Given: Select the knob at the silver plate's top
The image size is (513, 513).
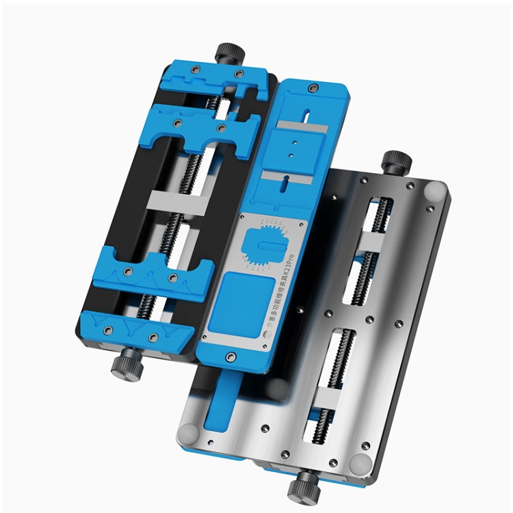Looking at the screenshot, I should click(x=397, y=162).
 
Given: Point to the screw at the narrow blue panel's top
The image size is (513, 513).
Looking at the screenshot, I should click(x=314, y=88).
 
